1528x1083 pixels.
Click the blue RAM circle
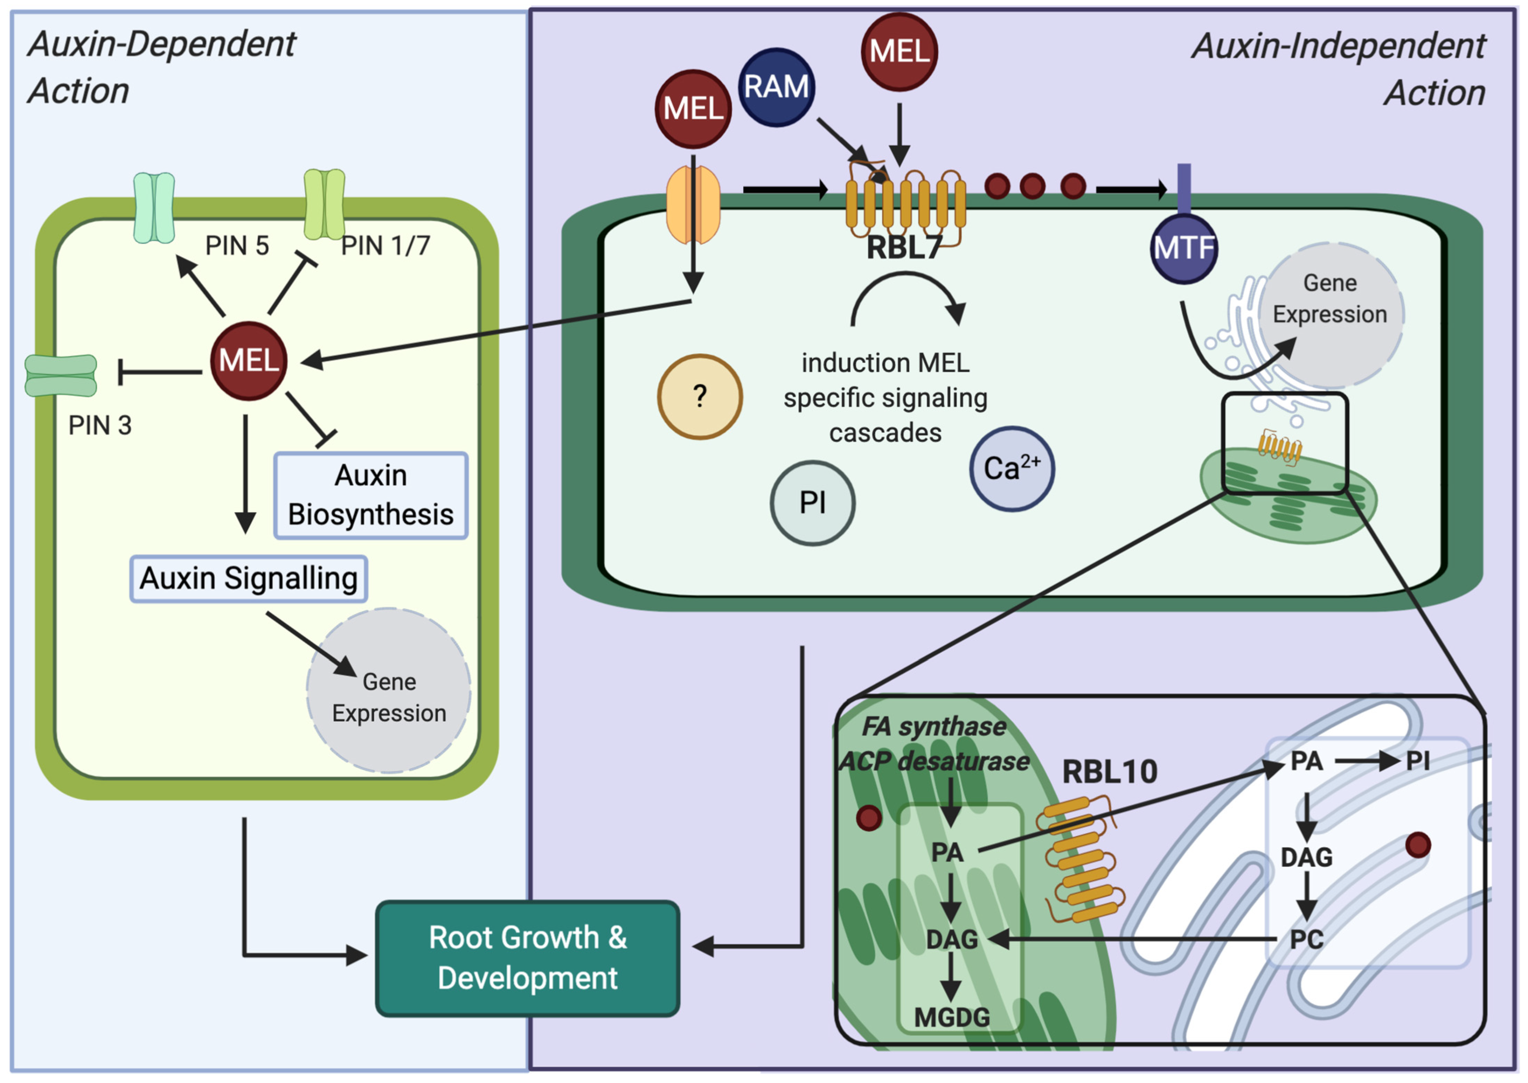[x=776, y=88]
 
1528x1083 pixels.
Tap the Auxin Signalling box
[x=248, y=578]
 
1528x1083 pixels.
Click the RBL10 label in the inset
[x=1110, y=772]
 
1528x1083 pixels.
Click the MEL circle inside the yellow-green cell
[x=249, y=361]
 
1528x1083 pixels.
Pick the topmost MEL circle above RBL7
[x=899, y=51]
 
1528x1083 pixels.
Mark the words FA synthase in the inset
[x=934, y=726]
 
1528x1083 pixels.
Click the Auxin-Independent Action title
[x=1338, y=69]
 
